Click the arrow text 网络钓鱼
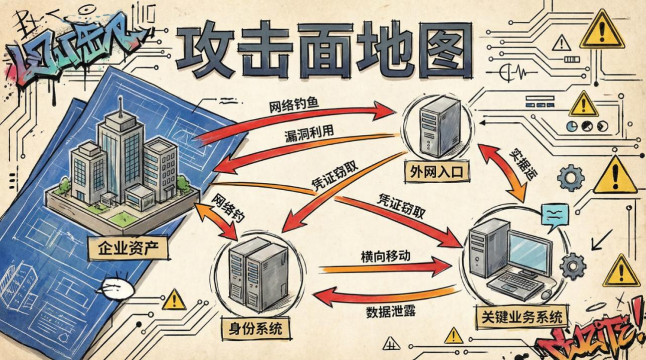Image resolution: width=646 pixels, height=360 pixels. pyautogui.click(x=294, y=106)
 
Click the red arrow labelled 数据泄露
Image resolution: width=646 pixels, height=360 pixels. pyautogui.click(x=383, y=296)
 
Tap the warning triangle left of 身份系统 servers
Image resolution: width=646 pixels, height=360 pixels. pyautogui.click(x=173, y=299)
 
